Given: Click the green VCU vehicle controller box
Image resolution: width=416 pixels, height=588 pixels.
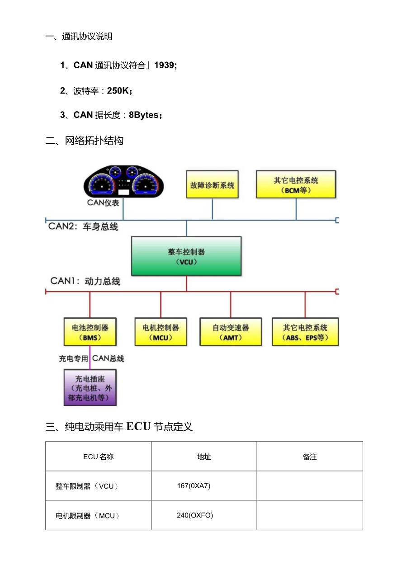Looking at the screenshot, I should point(186,256).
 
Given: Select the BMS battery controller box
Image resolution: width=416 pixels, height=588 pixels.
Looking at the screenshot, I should point(90,332).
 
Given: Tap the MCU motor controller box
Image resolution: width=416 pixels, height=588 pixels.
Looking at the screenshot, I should point(161,332).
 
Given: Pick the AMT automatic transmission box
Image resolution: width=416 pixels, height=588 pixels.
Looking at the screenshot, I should point(231,332).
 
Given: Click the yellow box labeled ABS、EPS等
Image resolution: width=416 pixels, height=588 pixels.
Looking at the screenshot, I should point(305,332).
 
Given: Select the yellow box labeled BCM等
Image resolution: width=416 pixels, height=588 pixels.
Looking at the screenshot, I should point(296,184).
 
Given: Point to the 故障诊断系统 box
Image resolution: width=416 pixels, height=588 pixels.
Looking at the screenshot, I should point(212,184).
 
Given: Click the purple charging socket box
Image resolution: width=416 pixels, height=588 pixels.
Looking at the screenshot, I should point(90,387).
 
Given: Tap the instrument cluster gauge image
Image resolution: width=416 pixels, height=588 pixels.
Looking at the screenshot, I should point(124,182).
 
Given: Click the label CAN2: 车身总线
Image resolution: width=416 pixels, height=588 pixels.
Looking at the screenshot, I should point(83,226).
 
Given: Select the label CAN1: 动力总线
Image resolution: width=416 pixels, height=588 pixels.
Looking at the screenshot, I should point(85,281).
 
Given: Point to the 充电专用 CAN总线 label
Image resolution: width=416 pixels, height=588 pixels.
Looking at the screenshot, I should point(91,358).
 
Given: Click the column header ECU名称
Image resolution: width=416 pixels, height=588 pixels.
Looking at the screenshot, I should point(98,456).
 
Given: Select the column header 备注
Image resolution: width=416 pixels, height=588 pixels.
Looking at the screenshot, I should point(310,456).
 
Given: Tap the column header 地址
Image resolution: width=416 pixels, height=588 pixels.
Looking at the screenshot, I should point(204,456).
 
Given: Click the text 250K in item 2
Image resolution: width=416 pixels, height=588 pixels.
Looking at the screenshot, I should point(118,91).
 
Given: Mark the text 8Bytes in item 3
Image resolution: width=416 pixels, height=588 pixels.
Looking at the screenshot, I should point(144,115).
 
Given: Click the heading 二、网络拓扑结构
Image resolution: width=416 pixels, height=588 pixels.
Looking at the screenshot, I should point(85,141).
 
